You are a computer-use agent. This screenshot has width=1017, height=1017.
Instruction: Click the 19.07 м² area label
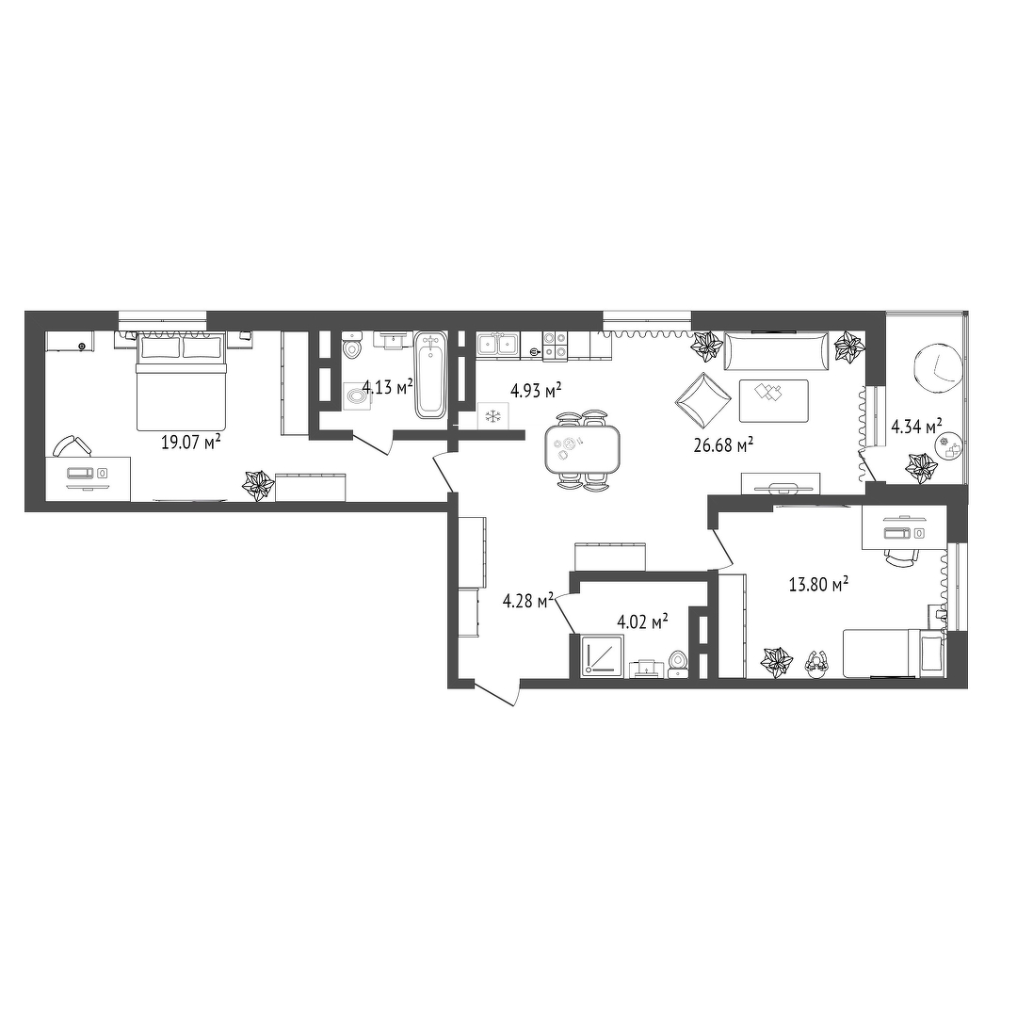click(x=190, y=442)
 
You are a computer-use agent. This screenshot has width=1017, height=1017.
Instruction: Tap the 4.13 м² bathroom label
click(x=387, y=387)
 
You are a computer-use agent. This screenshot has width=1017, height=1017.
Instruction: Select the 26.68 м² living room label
click(x=723, y=444)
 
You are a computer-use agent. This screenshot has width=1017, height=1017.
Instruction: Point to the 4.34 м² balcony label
click(x=916, y=427)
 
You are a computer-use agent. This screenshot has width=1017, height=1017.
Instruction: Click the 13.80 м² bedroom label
click(x=818, y=585)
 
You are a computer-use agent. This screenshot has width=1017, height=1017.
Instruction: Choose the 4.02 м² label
click(x=643, y=622)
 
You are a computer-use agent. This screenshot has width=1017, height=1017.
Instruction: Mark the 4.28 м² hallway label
click(x=528, y=600)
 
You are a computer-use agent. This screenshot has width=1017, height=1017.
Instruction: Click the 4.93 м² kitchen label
click(x=536, y=390)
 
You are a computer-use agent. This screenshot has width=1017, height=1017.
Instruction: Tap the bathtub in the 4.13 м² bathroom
click(x=430, y=375)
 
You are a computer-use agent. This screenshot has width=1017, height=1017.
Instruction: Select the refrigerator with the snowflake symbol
click(x=492, y=415)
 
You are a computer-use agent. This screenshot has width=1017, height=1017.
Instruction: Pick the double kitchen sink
click(x=498, y=345)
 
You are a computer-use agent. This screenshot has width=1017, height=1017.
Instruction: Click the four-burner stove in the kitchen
click(x=555, y=345)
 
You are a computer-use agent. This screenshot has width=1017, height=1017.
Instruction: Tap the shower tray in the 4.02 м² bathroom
click(x=603, y=656)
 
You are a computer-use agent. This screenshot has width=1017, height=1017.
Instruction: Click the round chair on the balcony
click(x=937, y=368)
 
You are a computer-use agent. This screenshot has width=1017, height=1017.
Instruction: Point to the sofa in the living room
click(x=776, y=351)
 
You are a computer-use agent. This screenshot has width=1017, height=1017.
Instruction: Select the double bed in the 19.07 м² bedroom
click(x=181, y=380)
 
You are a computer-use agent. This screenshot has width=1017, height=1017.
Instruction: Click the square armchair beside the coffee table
click(x=702, y=400)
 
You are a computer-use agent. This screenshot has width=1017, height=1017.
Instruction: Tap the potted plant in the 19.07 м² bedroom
click(x=258, y=485)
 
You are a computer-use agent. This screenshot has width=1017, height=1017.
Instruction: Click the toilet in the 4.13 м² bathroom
click(x=352, y=345)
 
